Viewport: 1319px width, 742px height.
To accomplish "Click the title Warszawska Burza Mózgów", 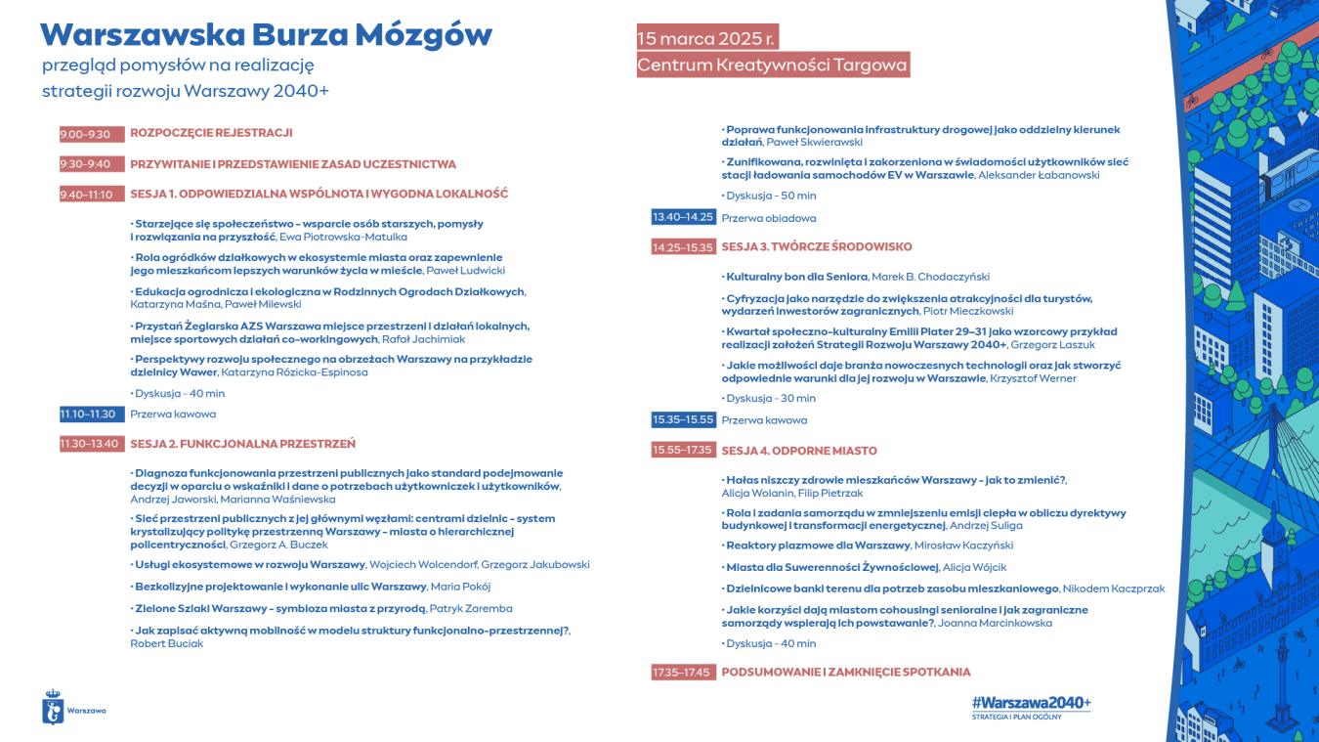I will (266, 34).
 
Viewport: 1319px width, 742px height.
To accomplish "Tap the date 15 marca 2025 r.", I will (707, 38).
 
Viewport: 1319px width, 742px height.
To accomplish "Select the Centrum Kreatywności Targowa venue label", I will (772, 65).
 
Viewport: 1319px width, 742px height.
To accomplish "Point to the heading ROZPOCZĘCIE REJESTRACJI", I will (211, 133).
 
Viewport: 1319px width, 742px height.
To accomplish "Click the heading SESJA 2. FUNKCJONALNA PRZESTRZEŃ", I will (242, 444).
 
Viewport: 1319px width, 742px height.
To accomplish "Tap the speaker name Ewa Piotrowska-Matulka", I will (343, 237).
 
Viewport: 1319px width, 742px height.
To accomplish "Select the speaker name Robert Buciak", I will (167, 643).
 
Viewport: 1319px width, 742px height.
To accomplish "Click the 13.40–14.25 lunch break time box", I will (684, 217).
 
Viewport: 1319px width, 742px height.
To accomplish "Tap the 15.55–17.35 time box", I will (684, 451).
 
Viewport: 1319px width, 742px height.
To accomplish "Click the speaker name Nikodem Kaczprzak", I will (1114, 589).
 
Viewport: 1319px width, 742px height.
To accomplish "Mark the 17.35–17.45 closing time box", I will (684, 672).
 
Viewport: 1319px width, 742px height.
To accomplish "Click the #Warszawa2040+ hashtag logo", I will (1031, 703).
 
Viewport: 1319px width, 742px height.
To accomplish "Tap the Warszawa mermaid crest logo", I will (54, 708).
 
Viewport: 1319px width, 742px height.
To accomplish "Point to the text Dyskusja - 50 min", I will (771, 196).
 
